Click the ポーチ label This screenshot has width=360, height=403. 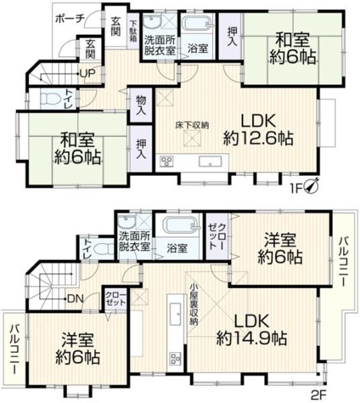(70, 19)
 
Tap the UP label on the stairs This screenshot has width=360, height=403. (87, 73)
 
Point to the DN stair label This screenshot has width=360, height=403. (75, 299)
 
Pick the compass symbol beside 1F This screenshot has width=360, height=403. (312, 185)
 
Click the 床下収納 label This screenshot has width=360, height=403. (192, 126)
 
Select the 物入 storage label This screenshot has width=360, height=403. (141, 105)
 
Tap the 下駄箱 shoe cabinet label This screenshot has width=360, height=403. (133, 31)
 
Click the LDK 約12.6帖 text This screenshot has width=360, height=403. (258, 130)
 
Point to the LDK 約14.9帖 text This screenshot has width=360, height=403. (251, 330)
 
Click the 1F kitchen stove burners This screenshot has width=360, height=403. (167, 161)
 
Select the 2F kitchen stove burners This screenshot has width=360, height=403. (175, 359)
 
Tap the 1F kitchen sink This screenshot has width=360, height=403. (210, 161)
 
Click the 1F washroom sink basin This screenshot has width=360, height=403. (152, 22)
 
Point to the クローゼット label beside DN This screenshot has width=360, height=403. (116, 298)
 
